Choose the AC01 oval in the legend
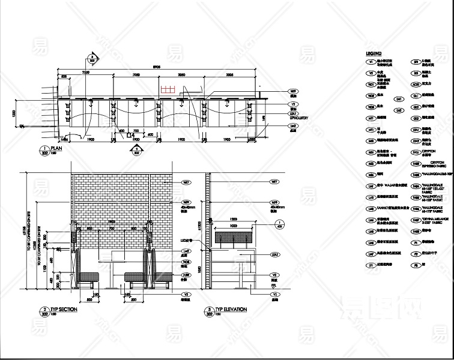pos(415,84)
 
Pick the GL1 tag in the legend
pos(415,95)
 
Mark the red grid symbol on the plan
pos(167,89)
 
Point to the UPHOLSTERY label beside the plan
pos(299,118)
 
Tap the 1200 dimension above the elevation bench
pos(234,220)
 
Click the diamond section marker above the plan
pos(92,58)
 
